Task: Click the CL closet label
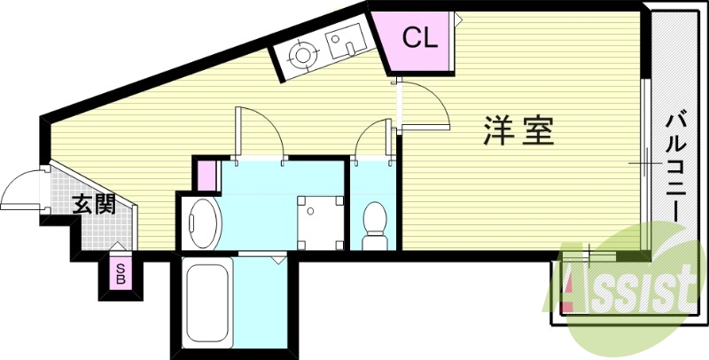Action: (418, 37)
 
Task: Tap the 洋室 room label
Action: (518, 131)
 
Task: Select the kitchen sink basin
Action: (341, 40)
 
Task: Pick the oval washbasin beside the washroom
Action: (205, 223)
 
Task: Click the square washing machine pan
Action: (319, 222)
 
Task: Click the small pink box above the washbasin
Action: (206, 174)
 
